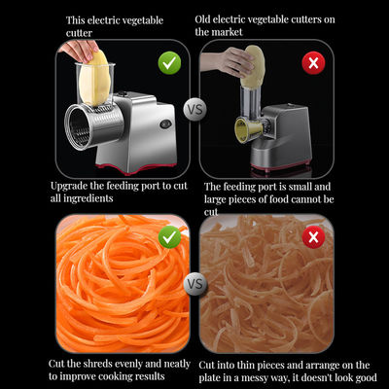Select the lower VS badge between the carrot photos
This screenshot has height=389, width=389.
coord(194,286)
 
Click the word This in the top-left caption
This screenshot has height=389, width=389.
coord(76,19)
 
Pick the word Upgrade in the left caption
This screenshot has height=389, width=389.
coord(70,185)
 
